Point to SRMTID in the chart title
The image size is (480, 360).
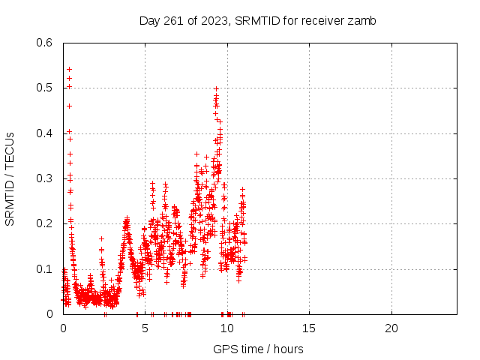[256, 21]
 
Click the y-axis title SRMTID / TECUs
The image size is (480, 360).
[10, 178]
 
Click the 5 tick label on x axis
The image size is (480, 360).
[145, 328]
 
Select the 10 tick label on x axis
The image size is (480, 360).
[227, 328]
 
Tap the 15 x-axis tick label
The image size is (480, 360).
[309, 328]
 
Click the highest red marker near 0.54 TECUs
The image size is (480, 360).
[69, 69]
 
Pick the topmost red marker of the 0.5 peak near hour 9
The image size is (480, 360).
[216, 88]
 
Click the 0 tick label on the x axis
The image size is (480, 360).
[63, 328]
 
